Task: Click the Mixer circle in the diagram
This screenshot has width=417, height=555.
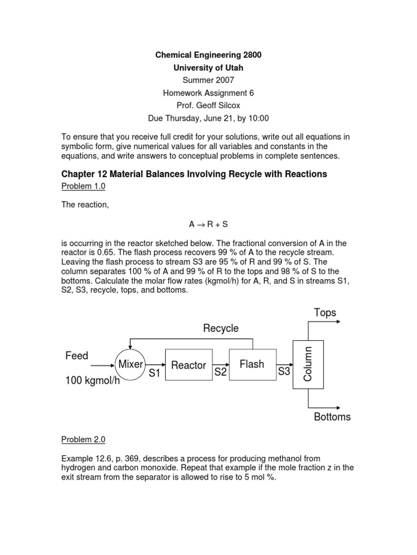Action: (130, 364)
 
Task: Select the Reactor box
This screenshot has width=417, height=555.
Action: (188, 365)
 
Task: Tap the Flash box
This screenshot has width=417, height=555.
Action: (252, 364)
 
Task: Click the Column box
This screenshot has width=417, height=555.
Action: (308, 364)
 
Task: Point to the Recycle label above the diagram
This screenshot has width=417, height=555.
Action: (221, 328)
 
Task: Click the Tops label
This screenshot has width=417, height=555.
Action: (325, 313)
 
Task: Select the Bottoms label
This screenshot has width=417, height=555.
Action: (332, 417)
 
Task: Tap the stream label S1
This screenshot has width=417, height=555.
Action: (155, 373)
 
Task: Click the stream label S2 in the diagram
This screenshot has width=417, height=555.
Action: (220, 372)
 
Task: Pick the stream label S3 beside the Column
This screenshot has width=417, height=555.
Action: (285, 372)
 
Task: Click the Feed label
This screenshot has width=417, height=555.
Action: (77, 356)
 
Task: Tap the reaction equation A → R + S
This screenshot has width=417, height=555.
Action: (208, 224)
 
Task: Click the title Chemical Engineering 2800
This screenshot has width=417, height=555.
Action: (208, 55)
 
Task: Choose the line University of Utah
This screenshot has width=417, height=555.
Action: (208, 68)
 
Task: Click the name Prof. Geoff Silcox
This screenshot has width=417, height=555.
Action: (208, 106)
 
